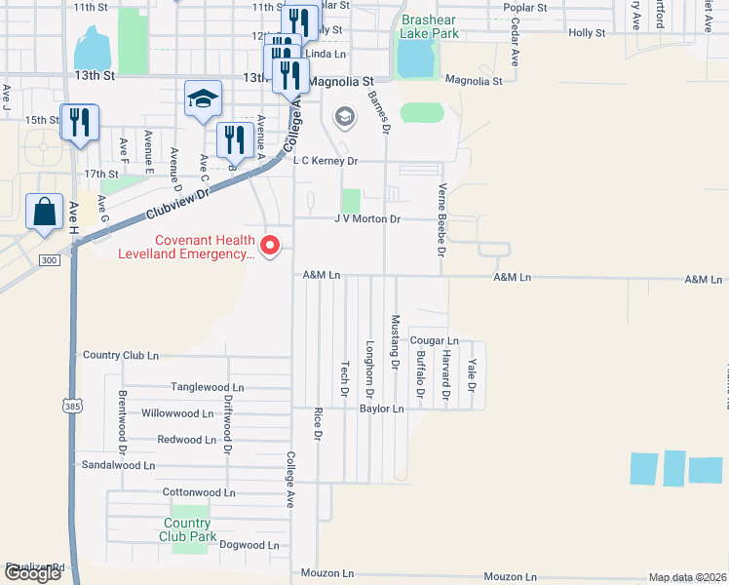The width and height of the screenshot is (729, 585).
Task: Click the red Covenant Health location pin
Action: (273, 245)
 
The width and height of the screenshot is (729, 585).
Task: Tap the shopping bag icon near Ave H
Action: (45, 212)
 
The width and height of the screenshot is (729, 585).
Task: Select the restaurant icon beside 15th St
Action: (79, 122)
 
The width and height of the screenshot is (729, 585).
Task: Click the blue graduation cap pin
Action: (204, 98)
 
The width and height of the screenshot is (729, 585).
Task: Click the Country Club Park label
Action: (188, 529)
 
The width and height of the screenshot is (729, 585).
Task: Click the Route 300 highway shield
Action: (49, 260)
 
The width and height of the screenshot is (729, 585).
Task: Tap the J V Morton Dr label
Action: (367, 219)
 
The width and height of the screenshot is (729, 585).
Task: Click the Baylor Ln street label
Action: (381, 409)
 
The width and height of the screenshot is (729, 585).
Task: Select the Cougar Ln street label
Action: (428, 340)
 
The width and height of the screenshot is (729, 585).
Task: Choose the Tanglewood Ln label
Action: (207, 387)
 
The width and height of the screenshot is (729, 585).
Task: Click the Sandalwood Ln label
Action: (118, 466)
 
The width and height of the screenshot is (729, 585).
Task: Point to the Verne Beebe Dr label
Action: (441, 216)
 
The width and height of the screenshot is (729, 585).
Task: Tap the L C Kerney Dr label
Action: (326, 161)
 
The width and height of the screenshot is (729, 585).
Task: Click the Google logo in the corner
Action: (32, 573)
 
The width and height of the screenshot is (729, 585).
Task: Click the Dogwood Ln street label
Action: (249, 545)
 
